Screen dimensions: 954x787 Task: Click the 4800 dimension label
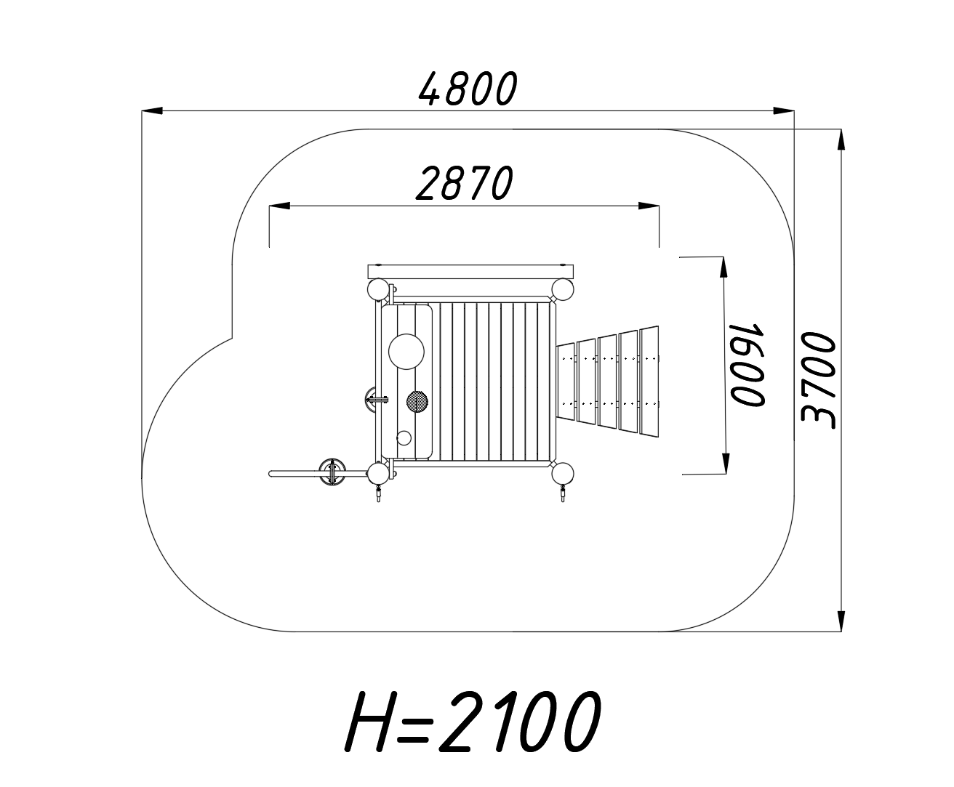click(x=468, y=89)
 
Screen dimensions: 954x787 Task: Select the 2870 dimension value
click(x=464, y=184)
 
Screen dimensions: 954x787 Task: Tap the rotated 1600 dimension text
click(x=747, y=365)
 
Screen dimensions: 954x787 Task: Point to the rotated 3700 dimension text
click(x=819, y=380)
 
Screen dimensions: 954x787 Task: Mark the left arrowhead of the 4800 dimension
click(x=152, y=110)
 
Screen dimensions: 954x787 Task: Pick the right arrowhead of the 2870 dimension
click(x=649, y=206)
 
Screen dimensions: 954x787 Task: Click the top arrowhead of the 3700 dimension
click(x=841, y=140)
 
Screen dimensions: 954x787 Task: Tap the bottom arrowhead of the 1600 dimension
click(x=725, y=464)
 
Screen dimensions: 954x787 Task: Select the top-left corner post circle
click(x=378, y=290)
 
